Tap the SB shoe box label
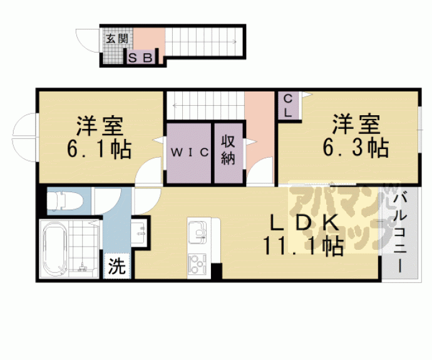[140, 58]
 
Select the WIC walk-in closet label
[188, 152]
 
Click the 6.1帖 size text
[100, 149]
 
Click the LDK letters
[305, 222]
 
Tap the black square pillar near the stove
[217, 272]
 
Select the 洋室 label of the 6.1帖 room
[100, 125]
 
